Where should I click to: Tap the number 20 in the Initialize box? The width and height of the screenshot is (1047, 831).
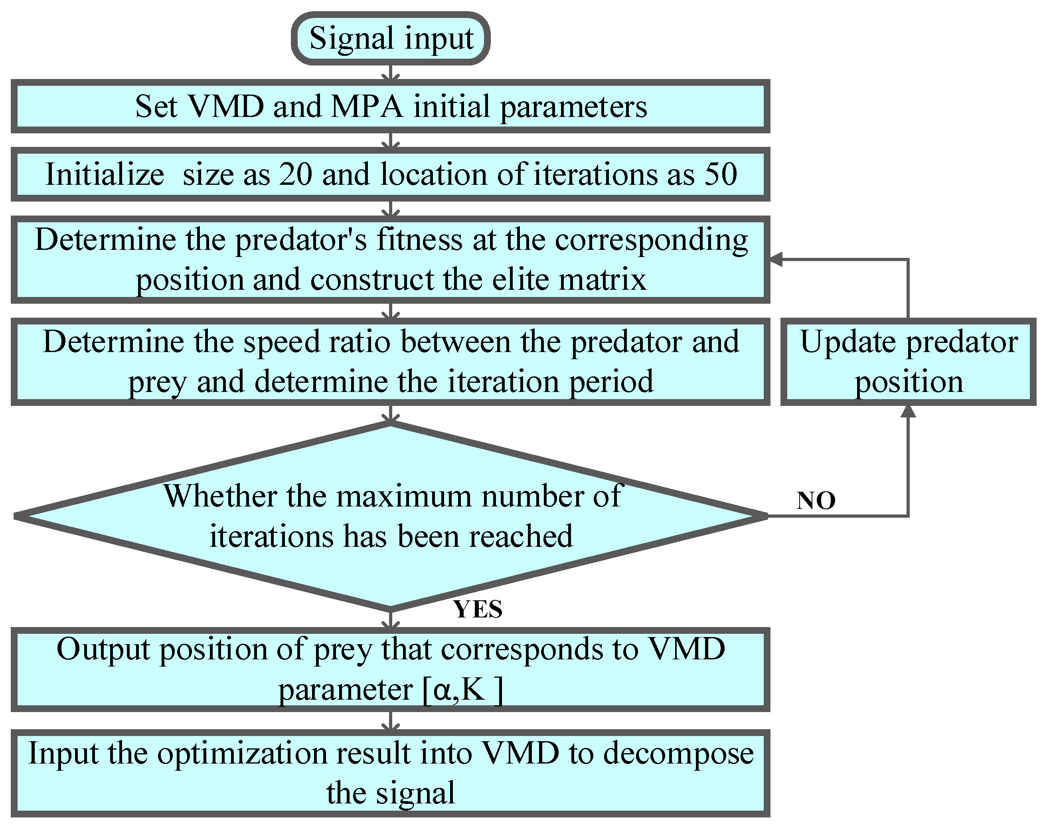click(295, 174)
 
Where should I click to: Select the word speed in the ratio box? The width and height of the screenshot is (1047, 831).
click(273, 342)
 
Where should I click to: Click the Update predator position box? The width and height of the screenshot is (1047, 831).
click(908, 362)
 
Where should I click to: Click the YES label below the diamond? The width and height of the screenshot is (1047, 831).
click(478, 609)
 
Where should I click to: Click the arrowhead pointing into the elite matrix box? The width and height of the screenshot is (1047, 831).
click(776, 260)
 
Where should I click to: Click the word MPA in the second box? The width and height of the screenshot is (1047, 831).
click(367, 107)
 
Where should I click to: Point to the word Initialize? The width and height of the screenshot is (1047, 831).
click(105, 174)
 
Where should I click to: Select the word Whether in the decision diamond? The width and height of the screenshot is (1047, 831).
click(220, 497)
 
